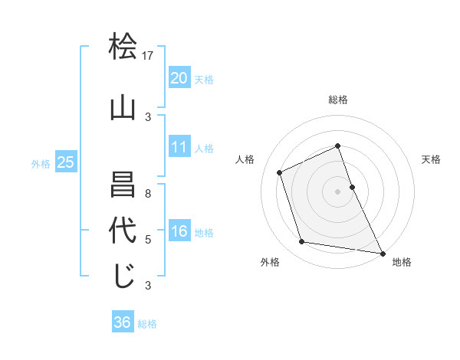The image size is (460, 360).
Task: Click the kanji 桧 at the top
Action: [x=123, y=47]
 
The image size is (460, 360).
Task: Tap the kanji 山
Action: [x=123, y=109]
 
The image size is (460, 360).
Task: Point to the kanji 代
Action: [x=123, y=231]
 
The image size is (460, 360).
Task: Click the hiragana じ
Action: [x=123, y=277]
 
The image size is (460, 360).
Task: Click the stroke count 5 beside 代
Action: [x=149, y=240]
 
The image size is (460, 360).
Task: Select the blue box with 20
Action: [x=179, y=77]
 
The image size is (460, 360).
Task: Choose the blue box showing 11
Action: [x=179, y=147]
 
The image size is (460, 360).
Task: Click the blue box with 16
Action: [x=179, y=231]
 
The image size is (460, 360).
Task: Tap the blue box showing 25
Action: [x=66, y=162]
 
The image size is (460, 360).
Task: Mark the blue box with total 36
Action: [x=123, y=322]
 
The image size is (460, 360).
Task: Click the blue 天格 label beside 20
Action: [x=204, y=79]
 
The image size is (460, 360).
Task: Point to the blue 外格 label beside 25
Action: [x=41, y=163]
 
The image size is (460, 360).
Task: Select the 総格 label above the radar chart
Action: [x=338, y=100]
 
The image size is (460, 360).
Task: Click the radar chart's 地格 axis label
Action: [x=402, y=262]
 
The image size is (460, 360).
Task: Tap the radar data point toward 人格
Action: [x=280, y=172]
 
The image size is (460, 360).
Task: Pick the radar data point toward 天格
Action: [x=352, y=186]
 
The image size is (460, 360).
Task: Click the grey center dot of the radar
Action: [x=337, y=191]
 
